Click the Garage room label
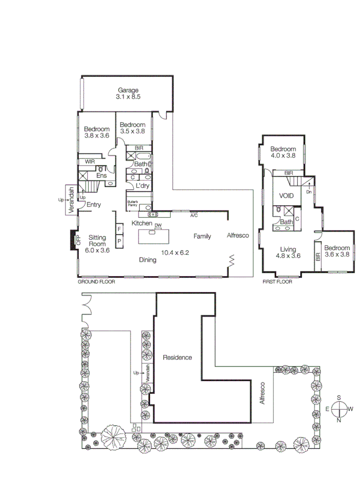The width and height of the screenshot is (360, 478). pyautogui.click(x=128, y=90)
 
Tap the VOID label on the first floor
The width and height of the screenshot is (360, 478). pyautogui.click(x=286, y=196)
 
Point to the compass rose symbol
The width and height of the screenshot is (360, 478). pyautogui.click(x=339, y=409)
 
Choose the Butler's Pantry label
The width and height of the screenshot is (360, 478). pyautogui.click(x=132, y=204)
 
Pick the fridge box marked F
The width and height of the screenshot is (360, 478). pyautogui.click(x=119, y=228)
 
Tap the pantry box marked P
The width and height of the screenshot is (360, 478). pyautogui.click(x=119, y=241)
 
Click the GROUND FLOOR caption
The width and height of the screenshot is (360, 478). pyautogui.click(x=96, y=282)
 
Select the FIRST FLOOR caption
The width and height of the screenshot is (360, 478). pyautogui.click(x=277, y=282)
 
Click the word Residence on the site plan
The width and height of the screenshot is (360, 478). pyautogui.click(x=177, y=357)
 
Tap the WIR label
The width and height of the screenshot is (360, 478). pyautogui.click(x=85, y=162)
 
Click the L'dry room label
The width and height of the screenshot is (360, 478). pyautogui.click(x=142, y=186)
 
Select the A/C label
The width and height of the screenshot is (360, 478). pyautogui.click(x=194, y=215)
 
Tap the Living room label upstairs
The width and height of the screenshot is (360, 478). pyautogui.click(x=288, y=249)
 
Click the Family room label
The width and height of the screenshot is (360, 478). pyautogui.click(x=202, y=236)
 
